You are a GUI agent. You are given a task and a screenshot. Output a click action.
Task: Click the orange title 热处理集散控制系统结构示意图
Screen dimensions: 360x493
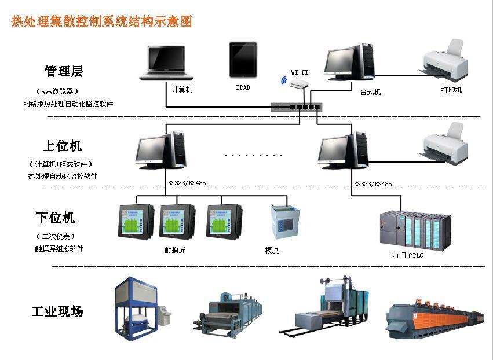102,22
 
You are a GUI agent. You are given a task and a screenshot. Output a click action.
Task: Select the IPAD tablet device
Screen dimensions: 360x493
243,60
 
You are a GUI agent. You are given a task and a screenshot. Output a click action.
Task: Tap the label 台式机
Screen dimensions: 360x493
371,92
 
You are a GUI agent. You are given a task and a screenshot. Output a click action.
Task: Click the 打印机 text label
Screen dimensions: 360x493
451,90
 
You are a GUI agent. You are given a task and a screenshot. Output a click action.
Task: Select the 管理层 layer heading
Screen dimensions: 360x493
64,71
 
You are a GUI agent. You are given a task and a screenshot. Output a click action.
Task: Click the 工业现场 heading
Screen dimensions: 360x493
57,311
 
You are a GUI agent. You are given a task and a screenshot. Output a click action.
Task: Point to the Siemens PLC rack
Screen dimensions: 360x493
415,230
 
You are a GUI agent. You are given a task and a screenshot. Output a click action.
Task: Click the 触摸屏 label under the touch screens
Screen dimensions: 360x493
175,250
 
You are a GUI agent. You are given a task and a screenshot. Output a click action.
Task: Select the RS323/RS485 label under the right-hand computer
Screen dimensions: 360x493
373,184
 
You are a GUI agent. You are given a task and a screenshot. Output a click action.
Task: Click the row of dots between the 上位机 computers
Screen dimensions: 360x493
253,156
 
